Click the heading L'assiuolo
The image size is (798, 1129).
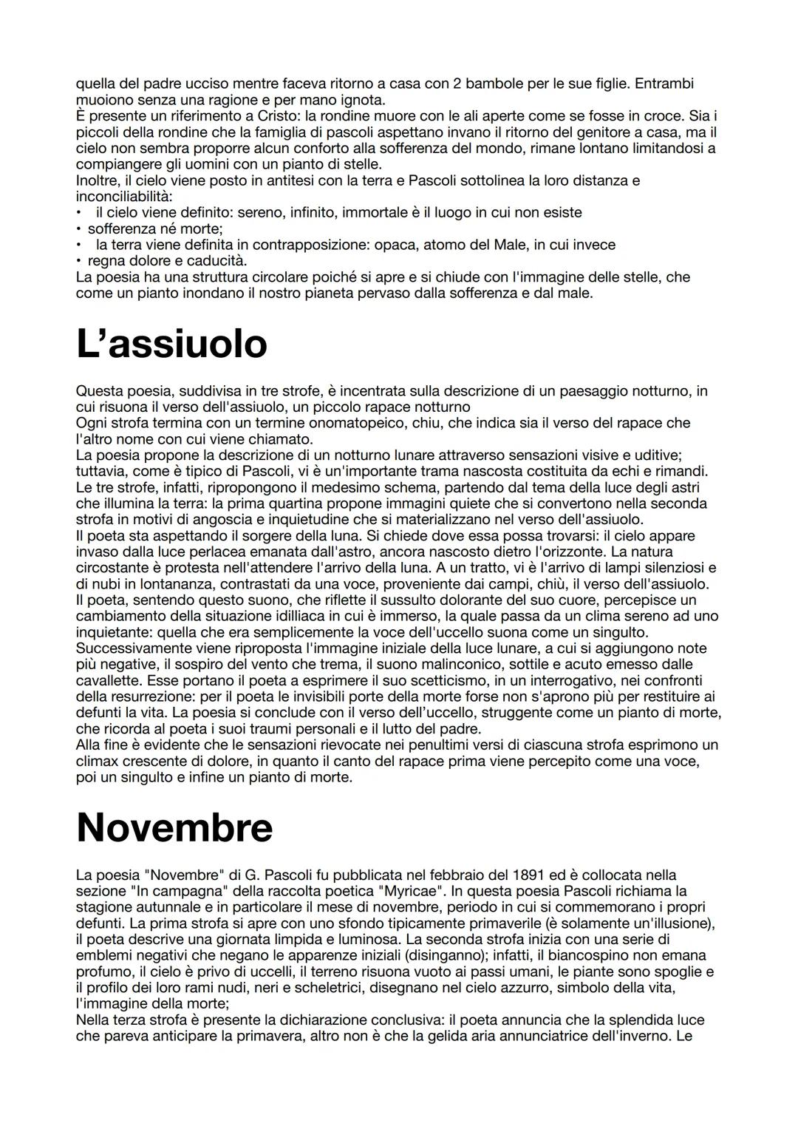[171, 344]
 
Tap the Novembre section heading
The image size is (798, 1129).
[174, 827]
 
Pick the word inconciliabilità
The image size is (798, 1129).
[123, 197]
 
